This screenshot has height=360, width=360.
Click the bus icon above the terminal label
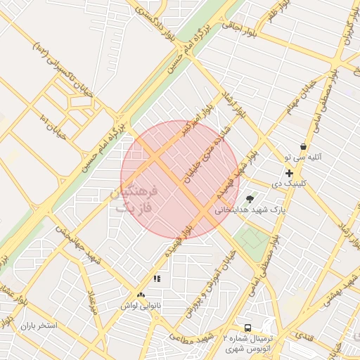click(x=247, y=328)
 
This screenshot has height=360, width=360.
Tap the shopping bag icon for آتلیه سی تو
click(x=303, y=146)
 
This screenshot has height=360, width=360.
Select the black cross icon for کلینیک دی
click(x=289, y=172)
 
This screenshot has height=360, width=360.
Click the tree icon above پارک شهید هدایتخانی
click(x=250, y=199)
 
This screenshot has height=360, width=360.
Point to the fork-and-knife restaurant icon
click(x=157, y=278)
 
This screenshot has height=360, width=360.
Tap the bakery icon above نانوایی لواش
click(x=141, y=296)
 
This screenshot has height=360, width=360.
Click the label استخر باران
click(x=37, y=326)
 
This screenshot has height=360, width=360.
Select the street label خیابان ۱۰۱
click(x=53, y=127)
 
